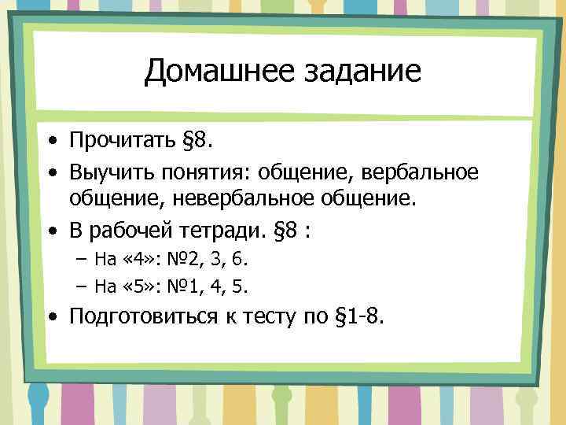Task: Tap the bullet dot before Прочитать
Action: point(51,144)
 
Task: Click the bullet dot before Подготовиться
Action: point(51,317)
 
